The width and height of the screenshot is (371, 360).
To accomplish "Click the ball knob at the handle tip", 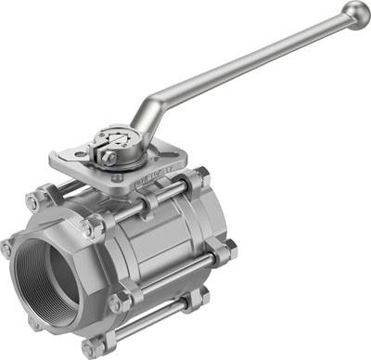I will (354, 13).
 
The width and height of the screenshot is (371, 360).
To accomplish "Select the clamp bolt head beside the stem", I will (109, 159).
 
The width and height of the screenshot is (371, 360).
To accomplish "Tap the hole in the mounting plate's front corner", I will (117, 177).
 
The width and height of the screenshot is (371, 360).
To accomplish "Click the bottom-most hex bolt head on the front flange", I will (90, 347).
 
